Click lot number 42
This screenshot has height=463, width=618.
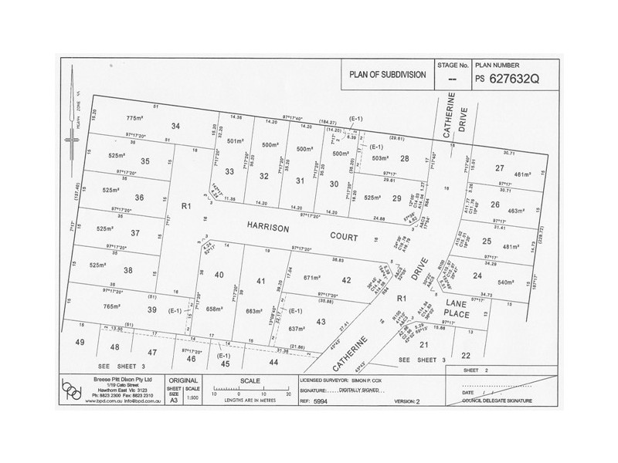tap(346, 281)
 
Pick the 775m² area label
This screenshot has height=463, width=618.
tap(135, 118)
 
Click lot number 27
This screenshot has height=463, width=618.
tap(500, 167)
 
